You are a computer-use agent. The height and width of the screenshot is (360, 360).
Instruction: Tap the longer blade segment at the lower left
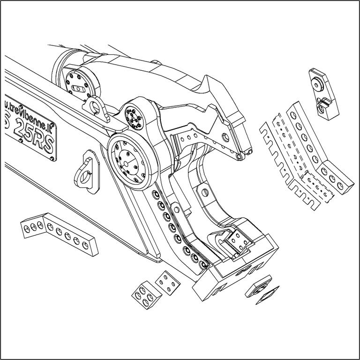tap(70, 234)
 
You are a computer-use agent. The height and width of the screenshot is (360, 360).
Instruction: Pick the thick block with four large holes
tap(143, 295)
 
